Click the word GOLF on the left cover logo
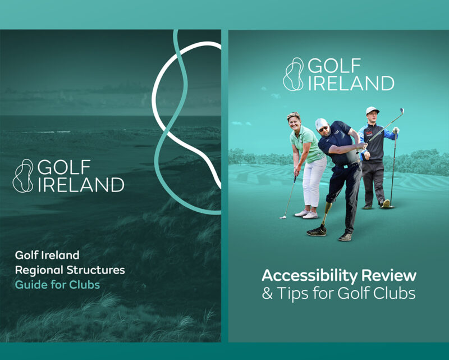tap(64, 167)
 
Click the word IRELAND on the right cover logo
tap(351, 83)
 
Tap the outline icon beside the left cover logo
tap(23, 176)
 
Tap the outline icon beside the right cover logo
tap(293, 74)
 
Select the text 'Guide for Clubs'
tap(57, 285)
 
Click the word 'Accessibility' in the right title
tap(310, 276)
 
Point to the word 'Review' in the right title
tap(388, 275)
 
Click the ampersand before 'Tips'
tap(268, 293)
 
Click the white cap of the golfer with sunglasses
tap(321, 124)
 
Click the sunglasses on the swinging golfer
tap(324, 129)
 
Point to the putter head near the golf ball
tap(283, 217)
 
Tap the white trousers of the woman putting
tap(313, 181)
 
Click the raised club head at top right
tap(401, 111)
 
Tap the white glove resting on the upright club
tap(396, 130)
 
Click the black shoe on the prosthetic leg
tap(317, 231)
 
